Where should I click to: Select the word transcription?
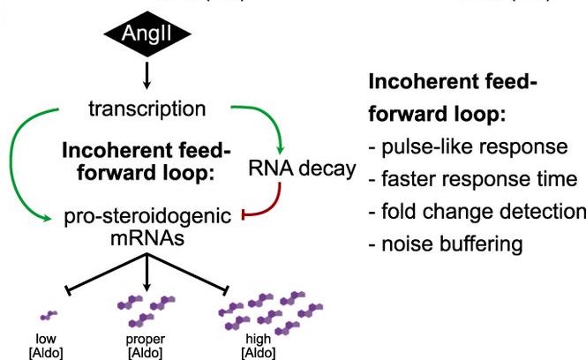[147, 109]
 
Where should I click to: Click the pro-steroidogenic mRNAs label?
[146, 226]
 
